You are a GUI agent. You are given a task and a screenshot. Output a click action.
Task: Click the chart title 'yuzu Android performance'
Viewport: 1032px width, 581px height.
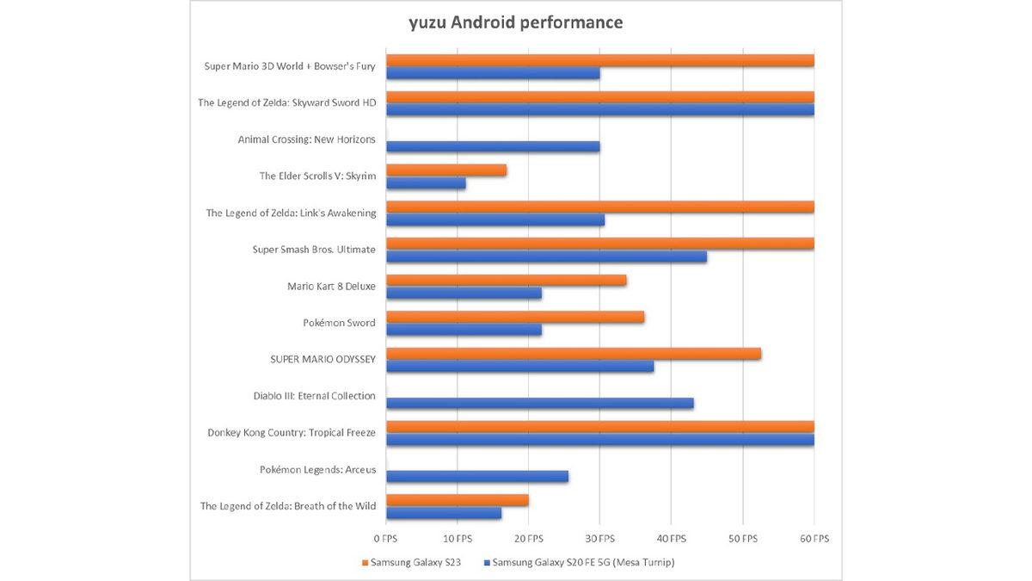point(515,22)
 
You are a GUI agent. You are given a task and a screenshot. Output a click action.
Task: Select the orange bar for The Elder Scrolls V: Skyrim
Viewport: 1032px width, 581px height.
point(446,170)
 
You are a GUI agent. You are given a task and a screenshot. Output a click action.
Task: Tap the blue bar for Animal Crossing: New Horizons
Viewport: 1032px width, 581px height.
point(493,146)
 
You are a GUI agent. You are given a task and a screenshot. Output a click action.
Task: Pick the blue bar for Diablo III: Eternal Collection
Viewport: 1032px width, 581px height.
point(540,403)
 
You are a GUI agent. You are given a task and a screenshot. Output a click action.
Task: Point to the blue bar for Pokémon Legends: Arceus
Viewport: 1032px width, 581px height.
point(477,476)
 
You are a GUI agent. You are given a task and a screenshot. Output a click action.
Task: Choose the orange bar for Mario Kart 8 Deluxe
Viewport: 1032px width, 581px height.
point(507,280)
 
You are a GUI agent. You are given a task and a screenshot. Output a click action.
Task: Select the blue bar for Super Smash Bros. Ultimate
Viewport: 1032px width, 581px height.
point(546,257)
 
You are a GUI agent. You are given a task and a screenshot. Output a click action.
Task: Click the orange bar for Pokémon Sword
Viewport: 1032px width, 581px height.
point(515,317)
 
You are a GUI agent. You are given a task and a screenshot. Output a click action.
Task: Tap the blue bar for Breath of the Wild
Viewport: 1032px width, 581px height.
point(444,513)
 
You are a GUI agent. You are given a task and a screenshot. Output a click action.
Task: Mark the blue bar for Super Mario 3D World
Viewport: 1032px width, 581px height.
point(493,73)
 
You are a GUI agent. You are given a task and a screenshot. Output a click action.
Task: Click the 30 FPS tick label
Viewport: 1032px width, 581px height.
point(600,539)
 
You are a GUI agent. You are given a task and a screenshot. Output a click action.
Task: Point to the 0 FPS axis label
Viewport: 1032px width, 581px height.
point(386,539)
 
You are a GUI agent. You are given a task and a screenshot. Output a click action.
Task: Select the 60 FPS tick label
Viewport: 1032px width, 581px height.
point(814,539)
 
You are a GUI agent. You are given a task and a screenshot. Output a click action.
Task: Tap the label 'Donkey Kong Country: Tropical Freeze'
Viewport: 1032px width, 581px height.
point(292,433)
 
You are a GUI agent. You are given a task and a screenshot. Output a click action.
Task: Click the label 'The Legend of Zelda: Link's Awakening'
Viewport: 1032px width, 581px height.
point(291,213)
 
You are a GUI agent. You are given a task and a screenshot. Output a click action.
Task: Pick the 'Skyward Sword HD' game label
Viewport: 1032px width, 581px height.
point(286,103)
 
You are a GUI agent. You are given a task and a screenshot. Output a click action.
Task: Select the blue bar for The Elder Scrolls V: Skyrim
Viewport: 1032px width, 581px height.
point(426,183)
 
